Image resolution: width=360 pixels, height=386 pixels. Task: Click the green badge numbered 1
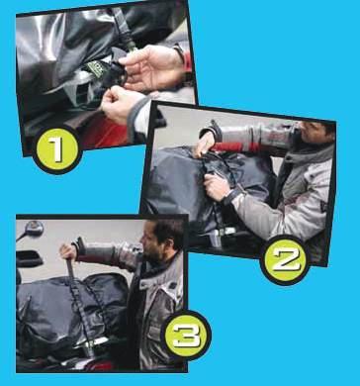(57, 150)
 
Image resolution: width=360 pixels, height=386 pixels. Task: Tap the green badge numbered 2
(286, 259)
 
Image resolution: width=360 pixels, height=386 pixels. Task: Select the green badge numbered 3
(186, 336)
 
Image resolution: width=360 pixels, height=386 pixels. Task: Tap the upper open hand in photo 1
(151, 67)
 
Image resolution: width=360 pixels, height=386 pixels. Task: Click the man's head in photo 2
(315, 134)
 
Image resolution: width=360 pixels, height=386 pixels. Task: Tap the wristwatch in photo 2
(230, 197)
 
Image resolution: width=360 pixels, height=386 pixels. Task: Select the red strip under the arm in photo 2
(235, 147)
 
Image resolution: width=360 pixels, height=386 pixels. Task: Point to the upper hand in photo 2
(205, 145)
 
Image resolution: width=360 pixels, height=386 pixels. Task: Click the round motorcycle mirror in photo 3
(34, 229)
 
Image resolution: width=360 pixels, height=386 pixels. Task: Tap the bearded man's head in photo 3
(163, 241)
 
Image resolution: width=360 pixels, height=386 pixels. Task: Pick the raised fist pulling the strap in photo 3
(68, 252)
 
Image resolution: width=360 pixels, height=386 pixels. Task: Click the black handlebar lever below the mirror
(29, 258)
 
